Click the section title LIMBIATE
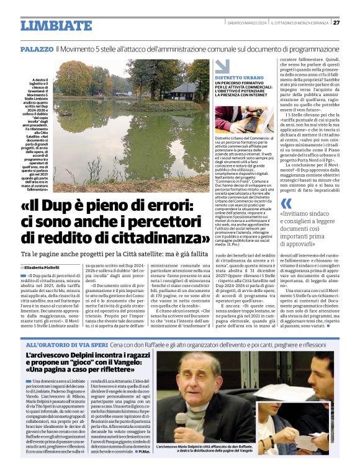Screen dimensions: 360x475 point(55,25)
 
